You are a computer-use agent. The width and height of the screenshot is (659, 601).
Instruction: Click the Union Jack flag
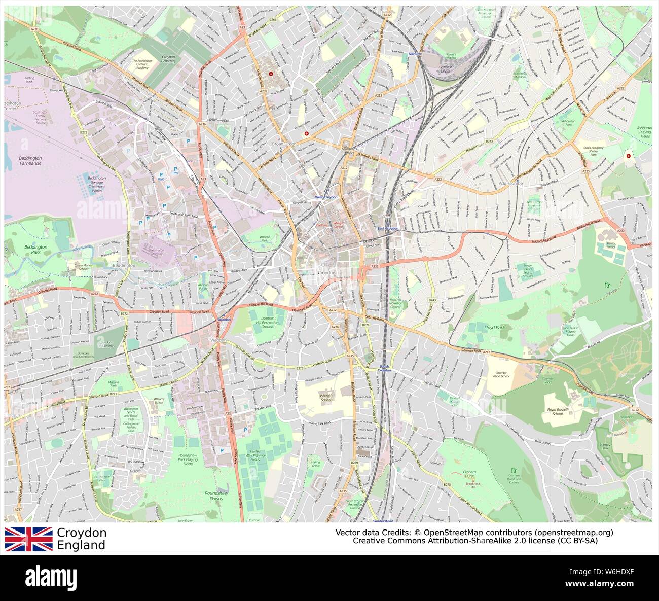point(29,539)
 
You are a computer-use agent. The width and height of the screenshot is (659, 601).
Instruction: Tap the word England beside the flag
point(81,546)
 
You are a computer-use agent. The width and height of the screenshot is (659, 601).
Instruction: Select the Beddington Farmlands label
point(30,161)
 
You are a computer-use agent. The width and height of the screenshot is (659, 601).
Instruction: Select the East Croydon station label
point(388,229)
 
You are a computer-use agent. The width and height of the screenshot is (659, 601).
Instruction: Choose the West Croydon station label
point(326,197)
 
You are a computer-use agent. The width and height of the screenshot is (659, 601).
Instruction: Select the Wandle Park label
point(265,238)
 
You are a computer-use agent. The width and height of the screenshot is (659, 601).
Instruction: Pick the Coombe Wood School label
point(501,375)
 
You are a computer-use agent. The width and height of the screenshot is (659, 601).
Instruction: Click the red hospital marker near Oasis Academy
point(629,156)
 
